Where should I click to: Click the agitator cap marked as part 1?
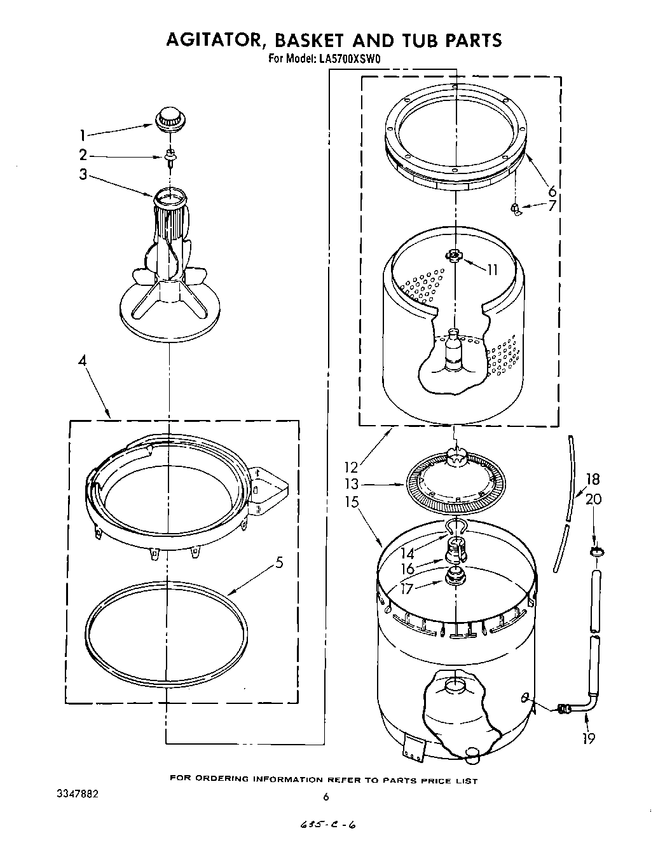(168, 119)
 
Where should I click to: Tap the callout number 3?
(83, 174)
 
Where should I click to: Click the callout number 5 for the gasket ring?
(279, 562)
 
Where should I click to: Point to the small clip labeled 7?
(515, 208)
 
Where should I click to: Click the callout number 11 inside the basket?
(492, 269)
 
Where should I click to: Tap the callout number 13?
(352, 484)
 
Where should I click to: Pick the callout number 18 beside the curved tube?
(593, 480)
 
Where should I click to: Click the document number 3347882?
(75, 794)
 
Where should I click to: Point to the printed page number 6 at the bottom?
(326, 797)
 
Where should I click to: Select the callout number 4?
(82, 361)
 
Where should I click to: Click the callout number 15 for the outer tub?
(352, 501)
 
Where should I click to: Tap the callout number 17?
(406, 588)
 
